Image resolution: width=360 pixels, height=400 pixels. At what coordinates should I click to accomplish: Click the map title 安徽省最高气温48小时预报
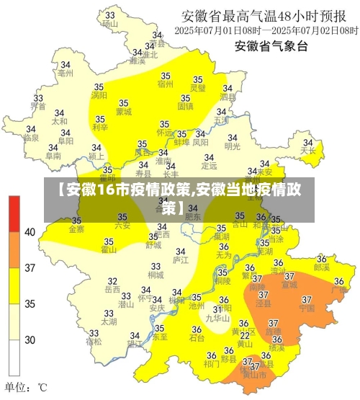coord(269,15)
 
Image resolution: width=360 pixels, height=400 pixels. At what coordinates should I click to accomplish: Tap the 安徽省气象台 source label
coord(271,47)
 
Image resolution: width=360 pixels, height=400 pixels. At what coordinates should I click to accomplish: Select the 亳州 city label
coord(65,73)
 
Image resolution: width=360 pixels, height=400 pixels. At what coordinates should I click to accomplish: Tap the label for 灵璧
coord(197,88)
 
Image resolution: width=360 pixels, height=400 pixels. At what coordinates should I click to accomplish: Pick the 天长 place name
coord(308,151)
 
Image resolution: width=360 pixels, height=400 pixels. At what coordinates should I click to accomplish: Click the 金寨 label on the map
coord(76,229)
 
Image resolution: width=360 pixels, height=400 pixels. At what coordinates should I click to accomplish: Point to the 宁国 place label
coord(307,308)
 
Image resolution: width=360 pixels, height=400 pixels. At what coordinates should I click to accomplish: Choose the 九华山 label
coord(217,317)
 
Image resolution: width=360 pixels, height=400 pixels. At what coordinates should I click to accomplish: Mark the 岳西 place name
coord(112,289)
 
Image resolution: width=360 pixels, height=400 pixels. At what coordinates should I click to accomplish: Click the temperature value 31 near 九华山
coord(217,308)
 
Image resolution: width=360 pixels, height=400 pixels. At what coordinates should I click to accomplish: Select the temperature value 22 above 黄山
coord(245,334)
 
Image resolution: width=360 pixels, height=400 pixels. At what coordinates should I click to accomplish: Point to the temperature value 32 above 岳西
coord(112,280)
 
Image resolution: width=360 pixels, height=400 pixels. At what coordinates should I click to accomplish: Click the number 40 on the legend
coord(30,232)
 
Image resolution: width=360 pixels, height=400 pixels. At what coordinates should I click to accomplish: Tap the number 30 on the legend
coord(30,339)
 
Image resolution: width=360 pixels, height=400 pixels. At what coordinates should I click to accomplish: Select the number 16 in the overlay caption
coord(104,190)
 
